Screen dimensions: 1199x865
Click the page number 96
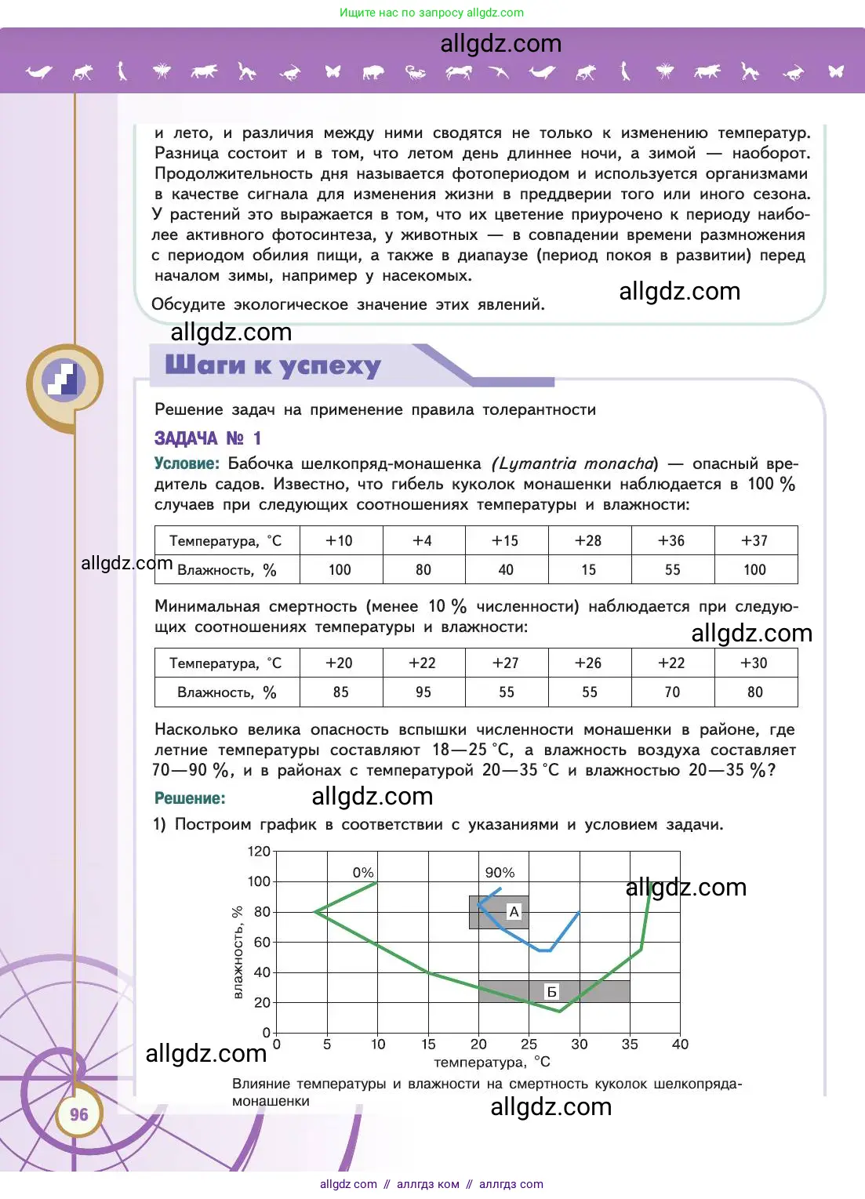(x=79, y=1114)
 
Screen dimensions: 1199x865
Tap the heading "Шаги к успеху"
(x=273, y=365)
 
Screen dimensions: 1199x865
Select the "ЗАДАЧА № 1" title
(x=208, y=438)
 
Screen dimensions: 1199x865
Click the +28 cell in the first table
(x=588, y=540)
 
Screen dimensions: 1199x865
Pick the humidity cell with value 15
(x=589, y=570)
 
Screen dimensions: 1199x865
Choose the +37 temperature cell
(x=754, y=540)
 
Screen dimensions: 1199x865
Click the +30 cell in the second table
(x=754, y=663)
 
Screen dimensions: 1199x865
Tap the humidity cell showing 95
(x=423, y=692)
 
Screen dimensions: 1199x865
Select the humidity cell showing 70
(x=672, y=692)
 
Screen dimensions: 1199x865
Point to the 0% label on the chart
(x=363, y=873)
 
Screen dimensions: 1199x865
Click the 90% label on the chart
(x=500, y=873)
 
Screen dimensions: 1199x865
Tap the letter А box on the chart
(x=514, y=911)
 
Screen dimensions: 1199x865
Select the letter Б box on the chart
(x=552, y=992)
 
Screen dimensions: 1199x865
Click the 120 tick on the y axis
(x=259, y=852)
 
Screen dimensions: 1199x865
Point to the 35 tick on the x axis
(x=630, y=1045)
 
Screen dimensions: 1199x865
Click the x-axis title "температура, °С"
(x=492, y=1063)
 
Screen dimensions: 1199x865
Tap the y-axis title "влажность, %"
(x=238, y=953)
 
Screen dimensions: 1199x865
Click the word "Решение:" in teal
(x=190, y=798)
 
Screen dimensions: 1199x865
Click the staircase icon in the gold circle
(x=65, y=380)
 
